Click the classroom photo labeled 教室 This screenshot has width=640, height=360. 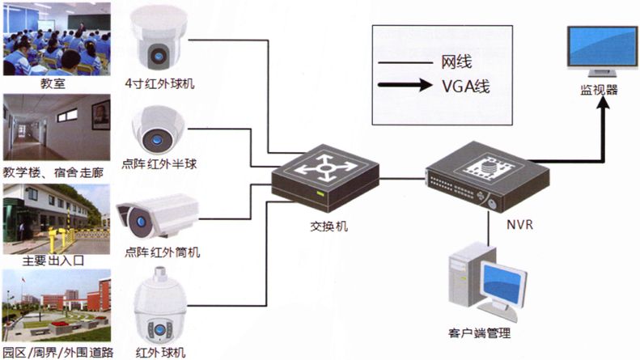click(57, 38)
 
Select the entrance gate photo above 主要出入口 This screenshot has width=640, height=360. click(57, 218)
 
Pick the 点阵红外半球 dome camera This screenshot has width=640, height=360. click(158, 129)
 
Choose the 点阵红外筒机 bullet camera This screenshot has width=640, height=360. click(157, 214)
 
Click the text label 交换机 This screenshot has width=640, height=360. click(323, 227)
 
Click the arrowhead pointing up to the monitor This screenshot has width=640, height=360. click(602, 110)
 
